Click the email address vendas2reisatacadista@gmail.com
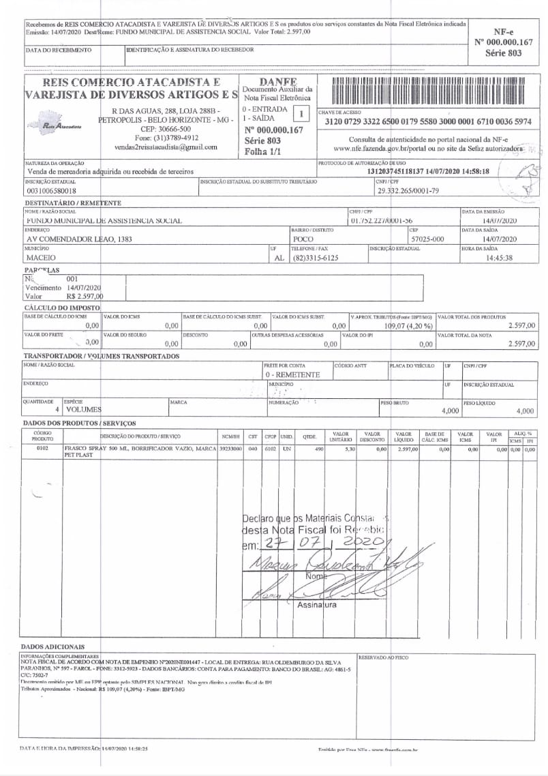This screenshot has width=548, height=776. pyautogui.click(x=166, y=147)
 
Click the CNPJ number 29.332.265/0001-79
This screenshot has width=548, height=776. pyautogui.click(x=408, y=192)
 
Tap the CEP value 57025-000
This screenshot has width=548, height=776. pyautogui.click(x=427, y=239)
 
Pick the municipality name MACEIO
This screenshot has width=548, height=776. pyautogui.click(x=41, y=258)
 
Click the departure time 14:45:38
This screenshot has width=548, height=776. pyautogui.click(x=499, y=258)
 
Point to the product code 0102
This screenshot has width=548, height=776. pyautogui.click(x=42, y=449)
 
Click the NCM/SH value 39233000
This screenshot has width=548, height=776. pyautogui.click(x=230, y=449)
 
